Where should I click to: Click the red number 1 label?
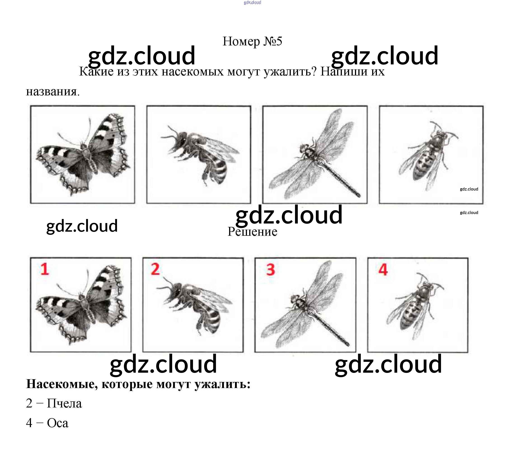coord(45,269)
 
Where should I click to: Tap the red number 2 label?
coord(155,269)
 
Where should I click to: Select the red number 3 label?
coord(270,270)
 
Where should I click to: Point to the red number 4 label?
coord(383,270)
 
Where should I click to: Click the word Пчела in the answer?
coord(64,404)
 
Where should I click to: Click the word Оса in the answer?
coord(58,423)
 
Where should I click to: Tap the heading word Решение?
coord(252,231)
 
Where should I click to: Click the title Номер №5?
coord(252,41)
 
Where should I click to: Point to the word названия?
coord(53,92)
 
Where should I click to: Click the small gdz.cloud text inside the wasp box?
coord(469,189)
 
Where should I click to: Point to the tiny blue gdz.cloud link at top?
coord(252,2)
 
